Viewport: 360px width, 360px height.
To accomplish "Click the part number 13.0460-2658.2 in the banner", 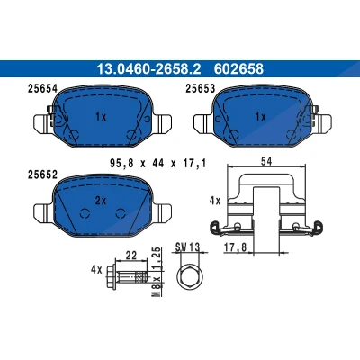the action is pos(148,69).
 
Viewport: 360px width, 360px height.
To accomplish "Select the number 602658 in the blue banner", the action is pos(238,69).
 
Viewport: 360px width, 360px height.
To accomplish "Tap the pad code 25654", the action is pos(42,89).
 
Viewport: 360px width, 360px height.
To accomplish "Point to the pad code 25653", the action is pos(201,89).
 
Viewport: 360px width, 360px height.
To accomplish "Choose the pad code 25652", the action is pos(42,175).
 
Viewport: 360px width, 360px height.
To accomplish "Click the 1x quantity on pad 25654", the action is pos(101,117).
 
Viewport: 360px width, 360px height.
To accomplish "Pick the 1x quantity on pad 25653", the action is pos(260,117).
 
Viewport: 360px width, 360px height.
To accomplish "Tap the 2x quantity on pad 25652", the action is pos(101,201).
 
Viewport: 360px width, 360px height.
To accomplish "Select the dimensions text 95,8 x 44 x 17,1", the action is pos(158,164).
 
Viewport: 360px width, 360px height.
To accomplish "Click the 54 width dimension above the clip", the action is pos(266,161).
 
